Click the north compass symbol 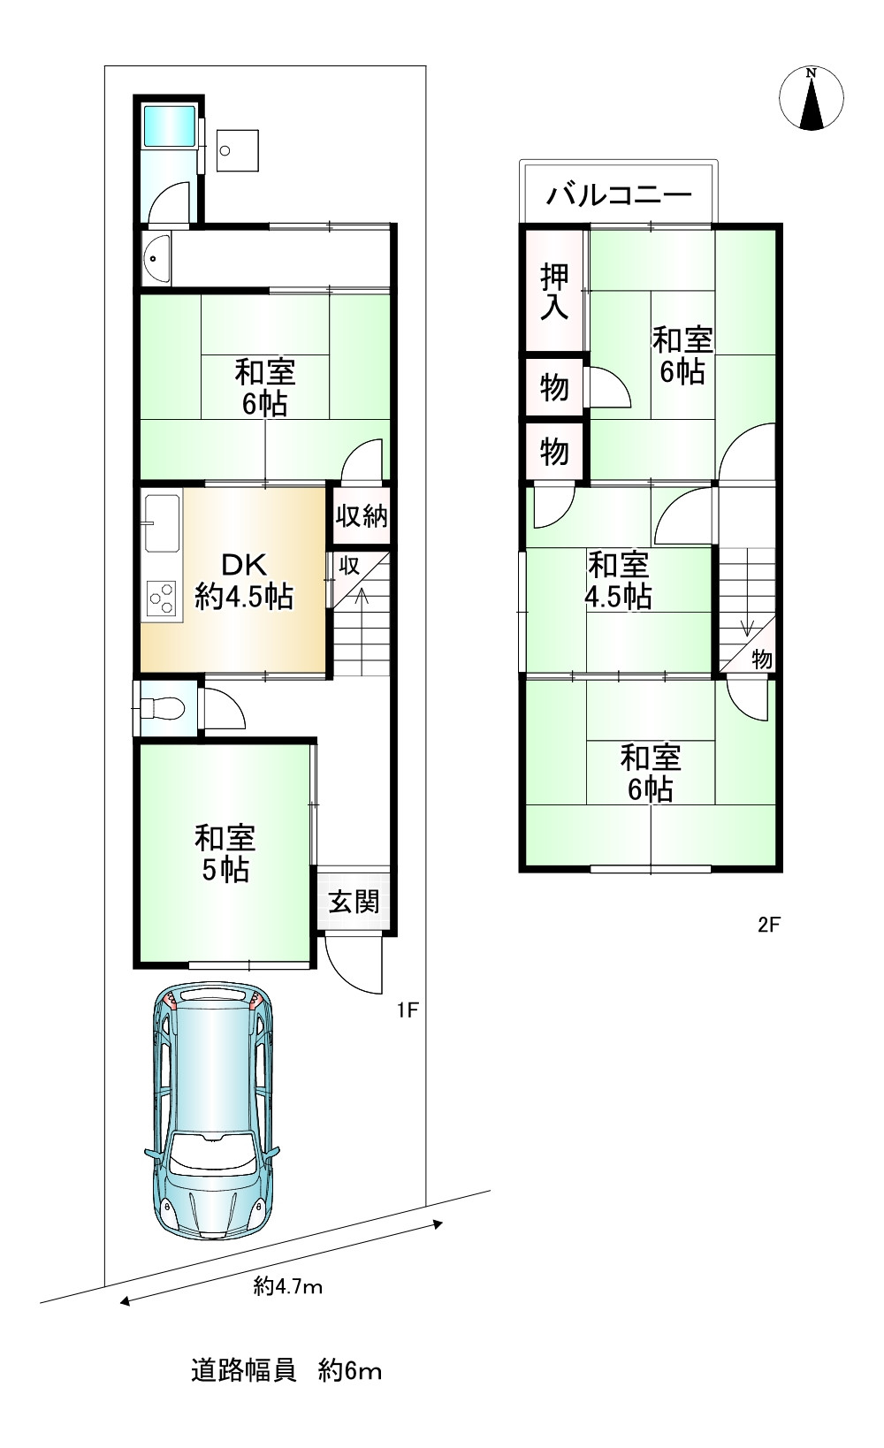[811, 98]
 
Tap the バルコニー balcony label [618, 194]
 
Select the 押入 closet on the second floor [554, 291]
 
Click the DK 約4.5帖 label [244, 581]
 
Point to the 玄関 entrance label [354, 902]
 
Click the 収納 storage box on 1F [361, 514]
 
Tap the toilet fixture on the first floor [163, 707]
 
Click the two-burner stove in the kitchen [161, 599]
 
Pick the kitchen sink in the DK [162, 522]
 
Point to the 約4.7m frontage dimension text [288, 1286]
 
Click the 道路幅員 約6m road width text [286, 1371]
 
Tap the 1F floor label [407, 1010]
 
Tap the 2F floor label [769, 925]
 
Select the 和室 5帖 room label [225, 853]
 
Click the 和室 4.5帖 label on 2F [618, 581]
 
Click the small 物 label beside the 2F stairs [762, 659]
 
